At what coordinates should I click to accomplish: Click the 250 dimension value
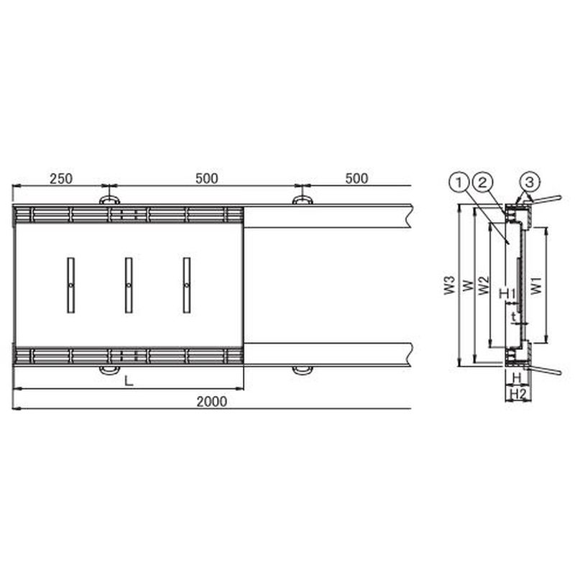coord(61,178)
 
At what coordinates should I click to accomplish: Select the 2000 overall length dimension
coord(211,402)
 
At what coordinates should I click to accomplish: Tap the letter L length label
coord(129,381)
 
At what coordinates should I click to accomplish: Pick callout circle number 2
coord(483,183)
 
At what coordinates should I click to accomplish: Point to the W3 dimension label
coord(450,285)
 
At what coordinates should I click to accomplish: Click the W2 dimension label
coord(484,285)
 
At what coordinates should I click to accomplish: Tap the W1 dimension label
coord(536,285)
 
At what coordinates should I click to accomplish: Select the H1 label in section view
coord(507,293)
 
